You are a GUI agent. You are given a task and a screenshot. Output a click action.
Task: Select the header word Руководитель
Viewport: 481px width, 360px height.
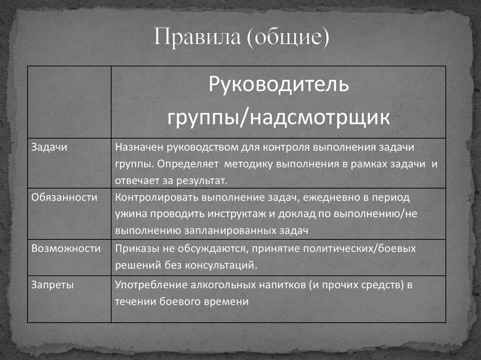coord(279,86)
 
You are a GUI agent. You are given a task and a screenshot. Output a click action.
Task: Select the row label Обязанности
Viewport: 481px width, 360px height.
coord(64,197)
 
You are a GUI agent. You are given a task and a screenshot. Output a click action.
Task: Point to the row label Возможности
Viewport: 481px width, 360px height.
coord(66,248)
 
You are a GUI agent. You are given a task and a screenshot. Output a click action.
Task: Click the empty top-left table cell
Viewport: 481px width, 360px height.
coord(69,102)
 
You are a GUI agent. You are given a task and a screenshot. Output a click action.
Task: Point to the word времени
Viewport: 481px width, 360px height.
coord(228,302)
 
